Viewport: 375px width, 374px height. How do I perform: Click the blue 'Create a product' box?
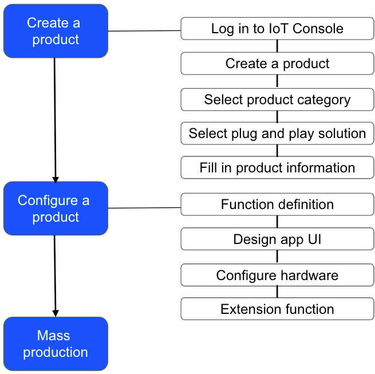(56, 31)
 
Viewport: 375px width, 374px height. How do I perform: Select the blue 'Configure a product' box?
(56, 208)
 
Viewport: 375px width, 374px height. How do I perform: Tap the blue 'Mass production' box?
(56, 344)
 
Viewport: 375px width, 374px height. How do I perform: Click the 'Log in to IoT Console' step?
(277, 29)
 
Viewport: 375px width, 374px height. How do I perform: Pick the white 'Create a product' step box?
(277, 64)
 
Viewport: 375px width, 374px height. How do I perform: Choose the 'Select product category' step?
(277, 100)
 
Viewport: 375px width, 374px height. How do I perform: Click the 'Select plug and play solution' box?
(277, 133)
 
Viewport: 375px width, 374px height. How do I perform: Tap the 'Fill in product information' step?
(277, 168)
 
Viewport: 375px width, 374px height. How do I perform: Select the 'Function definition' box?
(277, 204)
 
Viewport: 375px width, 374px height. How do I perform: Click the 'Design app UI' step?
(277, 239)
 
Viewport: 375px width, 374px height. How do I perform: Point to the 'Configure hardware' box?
(277, 275)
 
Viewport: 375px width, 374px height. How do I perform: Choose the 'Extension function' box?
(277, 309)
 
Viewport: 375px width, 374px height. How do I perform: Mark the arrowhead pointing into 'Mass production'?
(56, 313)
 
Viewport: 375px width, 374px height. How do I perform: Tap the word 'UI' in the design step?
(313, 239)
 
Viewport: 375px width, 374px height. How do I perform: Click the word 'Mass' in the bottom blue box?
(53, 335)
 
